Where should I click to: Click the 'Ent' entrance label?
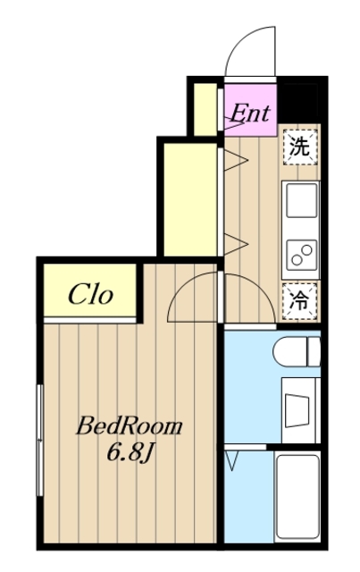[251, 113]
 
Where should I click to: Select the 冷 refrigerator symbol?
[299, 301]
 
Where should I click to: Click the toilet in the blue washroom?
[299, 351]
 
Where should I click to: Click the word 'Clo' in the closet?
[90, 294]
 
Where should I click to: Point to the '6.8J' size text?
[129, 452]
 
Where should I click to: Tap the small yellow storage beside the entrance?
[206, 109]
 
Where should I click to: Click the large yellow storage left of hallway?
[189, 198]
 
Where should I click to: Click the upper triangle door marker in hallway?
[234, 161]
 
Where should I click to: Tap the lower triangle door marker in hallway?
[234, 240]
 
